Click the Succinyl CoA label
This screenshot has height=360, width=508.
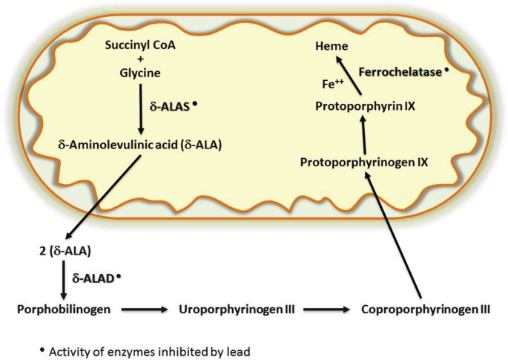click(x=140, y=45)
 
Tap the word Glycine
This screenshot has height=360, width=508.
click(x=140, y=73)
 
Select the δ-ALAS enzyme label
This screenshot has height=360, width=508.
click(x=170, y=106)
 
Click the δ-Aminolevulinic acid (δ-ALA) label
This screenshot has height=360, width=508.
click(x=140, y=145)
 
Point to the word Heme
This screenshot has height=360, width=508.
click(x=331, y=46)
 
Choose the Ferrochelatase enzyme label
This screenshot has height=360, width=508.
click(x=400, y=72)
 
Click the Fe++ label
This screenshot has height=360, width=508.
click(x=333, y=84)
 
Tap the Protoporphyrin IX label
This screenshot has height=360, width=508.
click(x=365, y=106)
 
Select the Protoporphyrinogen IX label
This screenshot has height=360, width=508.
click(x=364, y=162)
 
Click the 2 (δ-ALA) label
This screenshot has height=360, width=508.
click(x=65, y=251)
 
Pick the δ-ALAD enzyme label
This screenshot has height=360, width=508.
click(x=93, y=278)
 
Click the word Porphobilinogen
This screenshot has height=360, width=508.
click(x=64, y=310)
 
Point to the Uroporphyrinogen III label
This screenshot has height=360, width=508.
click(x=237, y=310)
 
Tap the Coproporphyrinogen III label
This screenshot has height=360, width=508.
click(x=426, y=310)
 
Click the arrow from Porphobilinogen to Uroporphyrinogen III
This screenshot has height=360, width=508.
click(x=145, y=310)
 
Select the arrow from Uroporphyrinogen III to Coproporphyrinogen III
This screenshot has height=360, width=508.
click(x=326, y=310)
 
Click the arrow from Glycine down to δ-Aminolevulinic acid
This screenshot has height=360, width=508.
click(x=141, y=109)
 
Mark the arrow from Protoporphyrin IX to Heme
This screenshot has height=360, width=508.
click(x=349, y=76)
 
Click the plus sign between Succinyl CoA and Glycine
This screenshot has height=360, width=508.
click(x=140, y=59)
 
